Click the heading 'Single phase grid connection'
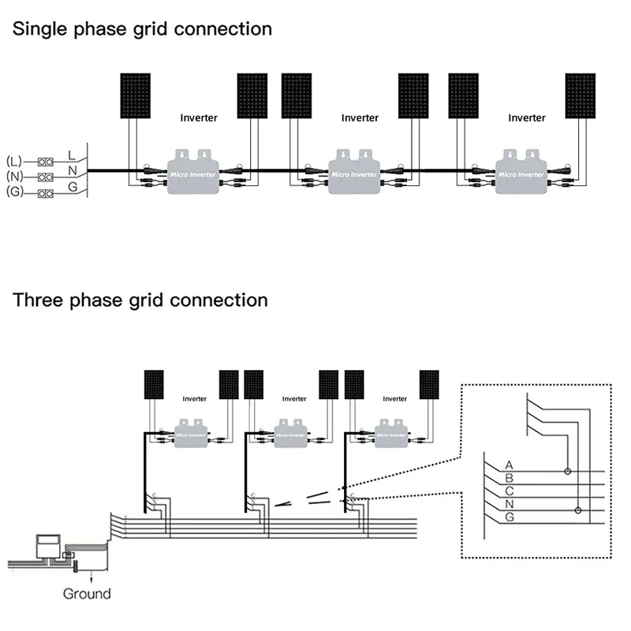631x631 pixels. coord(142,29)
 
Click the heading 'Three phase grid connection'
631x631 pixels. coord(140,301)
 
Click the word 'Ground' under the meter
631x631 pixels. coord(87,594)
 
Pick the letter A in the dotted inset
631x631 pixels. coord(509,465)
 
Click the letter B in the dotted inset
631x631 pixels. coord(509,478)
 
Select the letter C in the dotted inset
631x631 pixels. coord(509,491)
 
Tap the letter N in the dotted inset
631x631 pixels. coord(509,504)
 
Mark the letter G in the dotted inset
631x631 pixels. coord(509,517)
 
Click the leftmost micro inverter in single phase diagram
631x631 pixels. coord(192,170)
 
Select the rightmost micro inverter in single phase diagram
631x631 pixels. coord(520,170)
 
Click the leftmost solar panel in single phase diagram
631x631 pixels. coord(136,96)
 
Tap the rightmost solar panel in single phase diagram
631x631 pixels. coord(582,96)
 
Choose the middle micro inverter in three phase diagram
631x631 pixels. coord(290,432)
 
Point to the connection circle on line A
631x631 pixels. coord(566,472)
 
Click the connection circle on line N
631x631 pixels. coord(578,510)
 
